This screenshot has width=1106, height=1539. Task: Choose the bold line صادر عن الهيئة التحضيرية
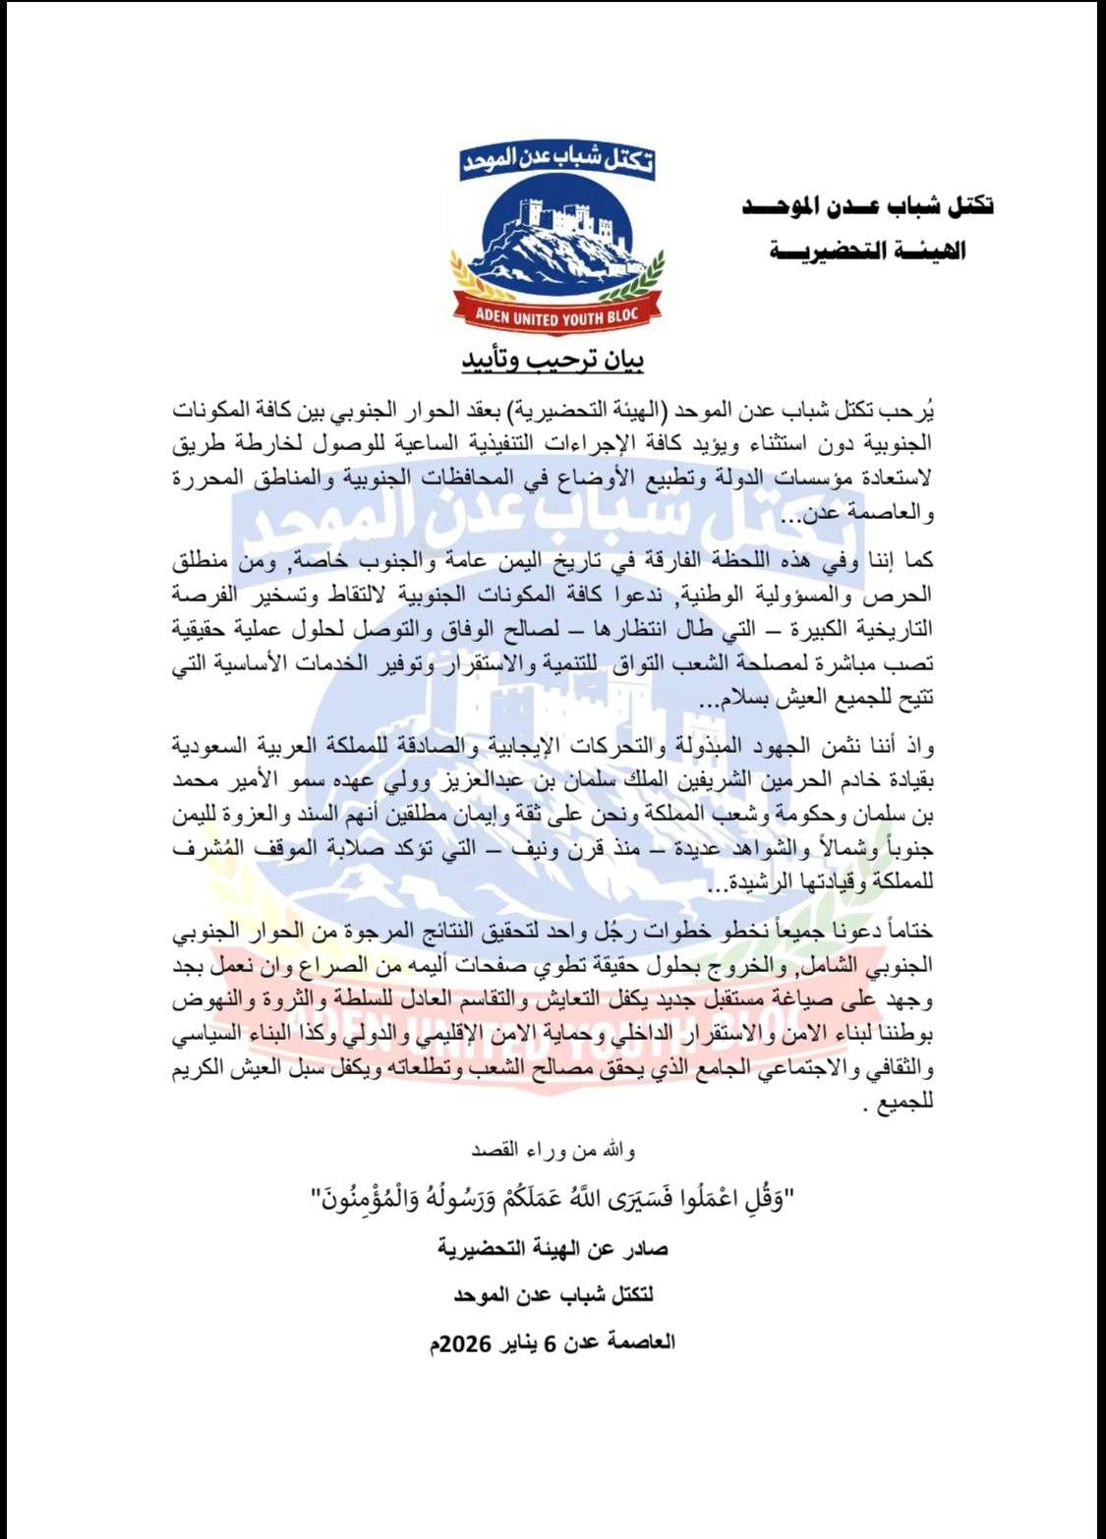tap(553, 1249)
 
